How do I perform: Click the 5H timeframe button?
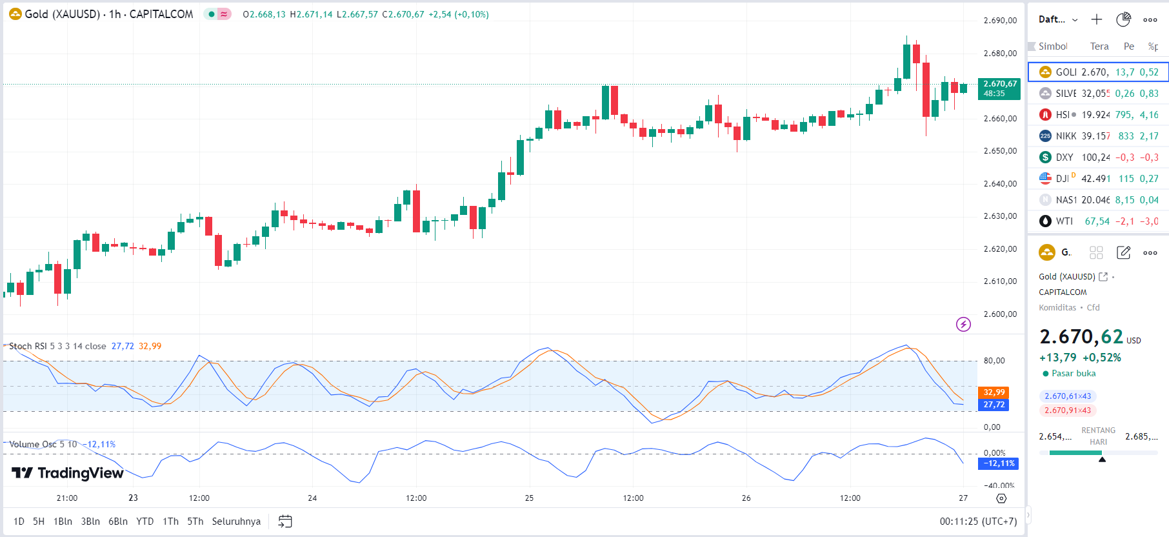(x=39, y=522)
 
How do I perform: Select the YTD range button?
(x=145, y=522)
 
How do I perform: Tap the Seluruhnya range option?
(x=236, y=522)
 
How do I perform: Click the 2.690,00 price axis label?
(x=1000, y=21)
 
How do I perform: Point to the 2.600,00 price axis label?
(x=1000, y=314)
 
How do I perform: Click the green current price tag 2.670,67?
(x=999, y=88)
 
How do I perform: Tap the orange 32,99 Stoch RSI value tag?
(x=994, y=392)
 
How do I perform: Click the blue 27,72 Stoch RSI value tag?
(x=994, y=405)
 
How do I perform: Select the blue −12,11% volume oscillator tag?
(x=999, y=463)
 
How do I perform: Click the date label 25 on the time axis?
(x=529, y=498)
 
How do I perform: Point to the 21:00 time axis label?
(x=67, y=498)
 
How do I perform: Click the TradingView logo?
(x=68, y=473)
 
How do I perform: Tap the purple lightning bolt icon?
(x=963, y=324)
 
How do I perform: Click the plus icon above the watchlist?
(x=1097, y=19)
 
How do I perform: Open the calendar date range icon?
(x=285, y=522)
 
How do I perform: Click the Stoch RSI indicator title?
(x=57, y=347)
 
